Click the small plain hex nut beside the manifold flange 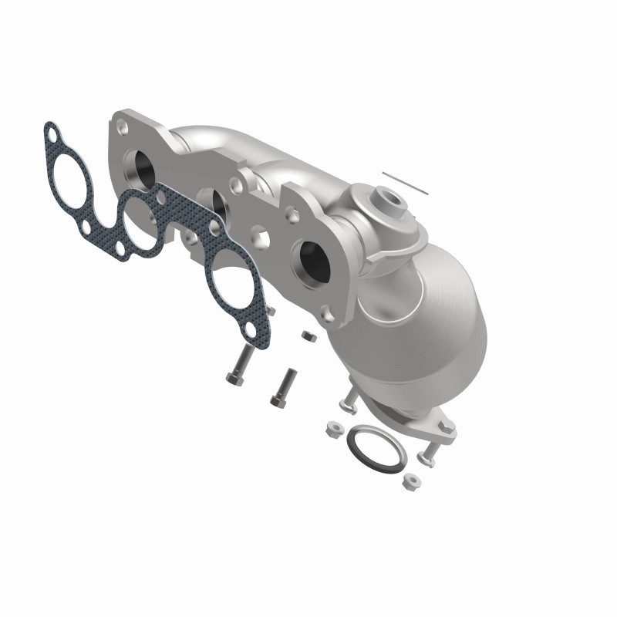click(306, 336)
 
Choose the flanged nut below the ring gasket click(409, 484)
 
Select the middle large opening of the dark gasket click(143, 226)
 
